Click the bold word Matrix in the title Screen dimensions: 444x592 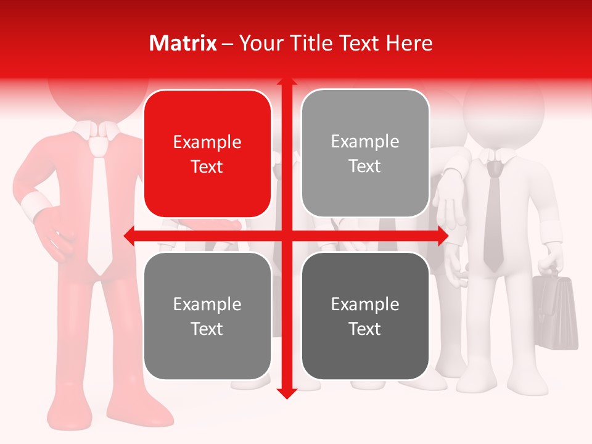click(x=183, y=43)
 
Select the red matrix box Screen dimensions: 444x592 click(x=207, y=154)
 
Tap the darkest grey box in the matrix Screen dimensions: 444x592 click(x=365, y=316)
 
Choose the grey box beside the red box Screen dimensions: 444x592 click(x=365, y=153)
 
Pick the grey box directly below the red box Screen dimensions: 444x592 click(x=207, y=316)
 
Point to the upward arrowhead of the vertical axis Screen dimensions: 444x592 click(x=286, y=83)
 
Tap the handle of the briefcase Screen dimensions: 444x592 click(x=551, y=272)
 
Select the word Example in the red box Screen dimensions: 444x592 click(x=207, y=142)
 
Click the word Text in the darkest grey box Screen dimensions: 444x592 click(x=365, y=329)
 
